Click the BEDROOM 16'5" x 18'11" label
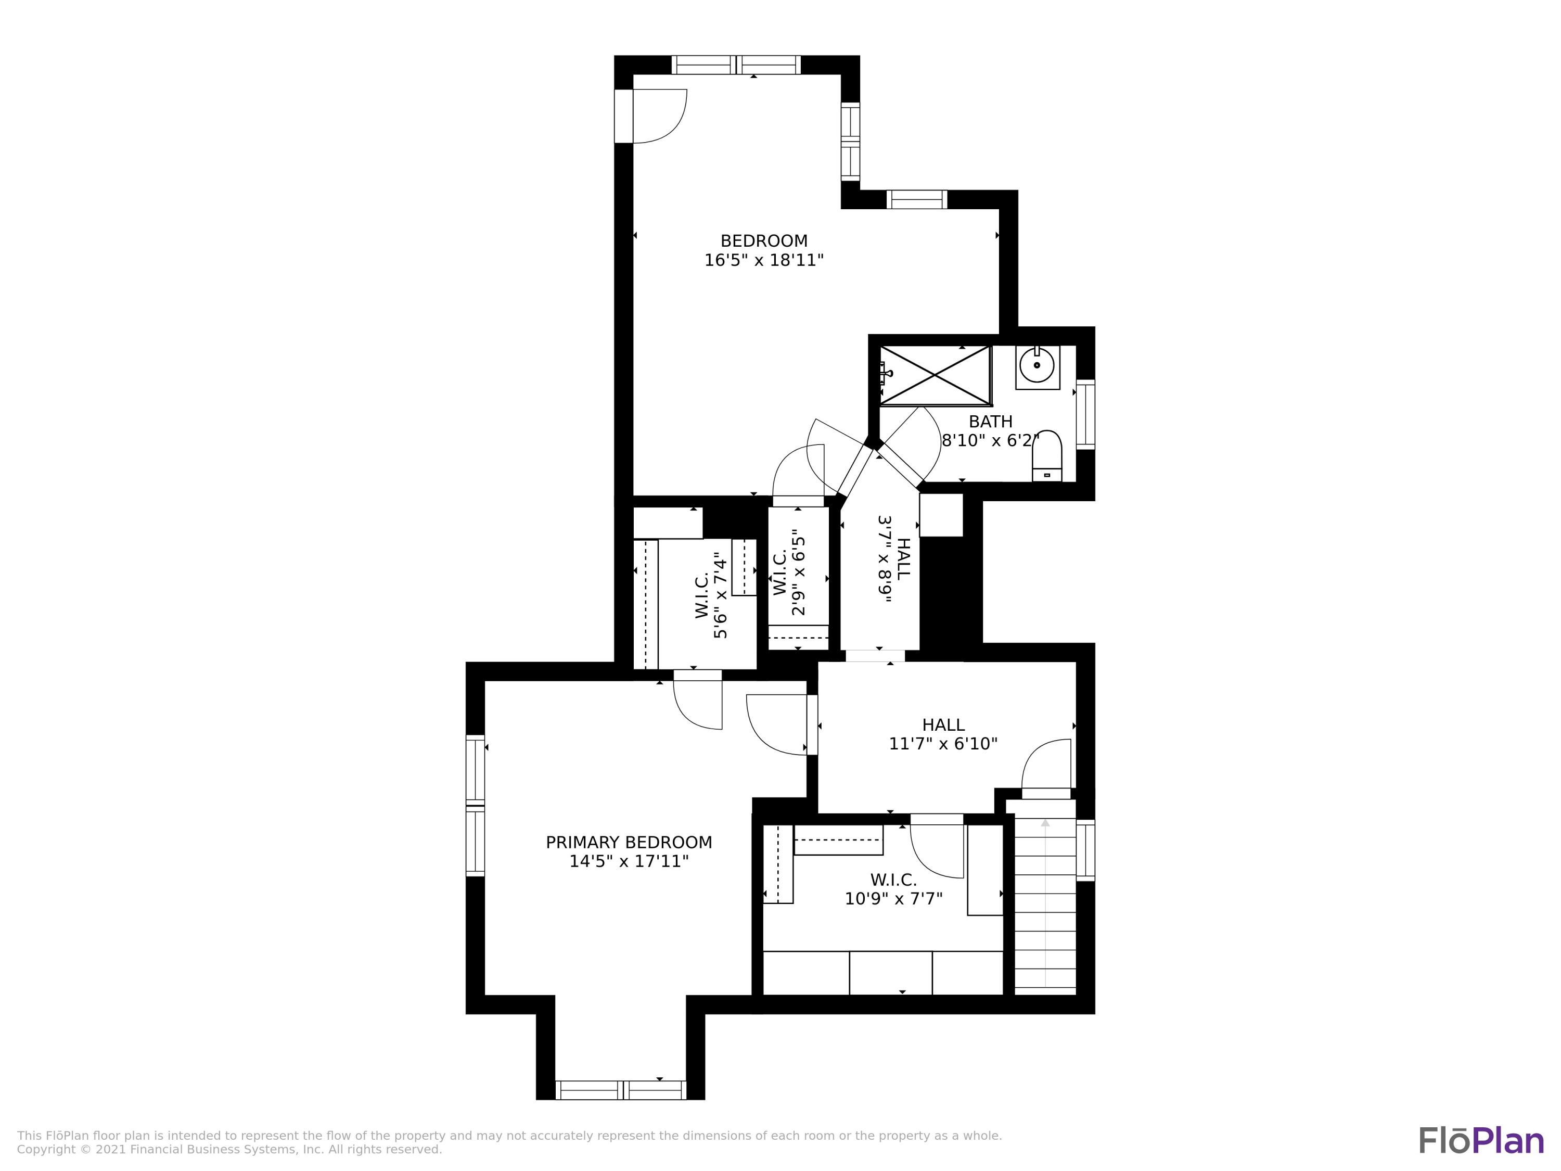(763, 250)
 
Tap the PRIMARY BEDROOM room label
(629, 851)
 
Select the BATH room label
(990, 422)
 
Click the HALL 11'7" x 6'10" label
(943, 734)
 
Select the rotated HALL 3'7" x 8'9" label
(893, 558)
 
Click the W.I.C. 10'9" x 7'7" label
(893, 889)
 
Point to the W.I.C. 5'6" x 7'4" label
(711, 595)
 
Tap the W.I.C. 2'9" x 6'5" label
(789, 572)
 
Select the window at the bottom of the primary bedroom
(620, 1090)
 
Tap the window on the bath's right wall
(1085, 414)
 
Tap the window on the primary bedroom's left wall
(476, 805)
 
